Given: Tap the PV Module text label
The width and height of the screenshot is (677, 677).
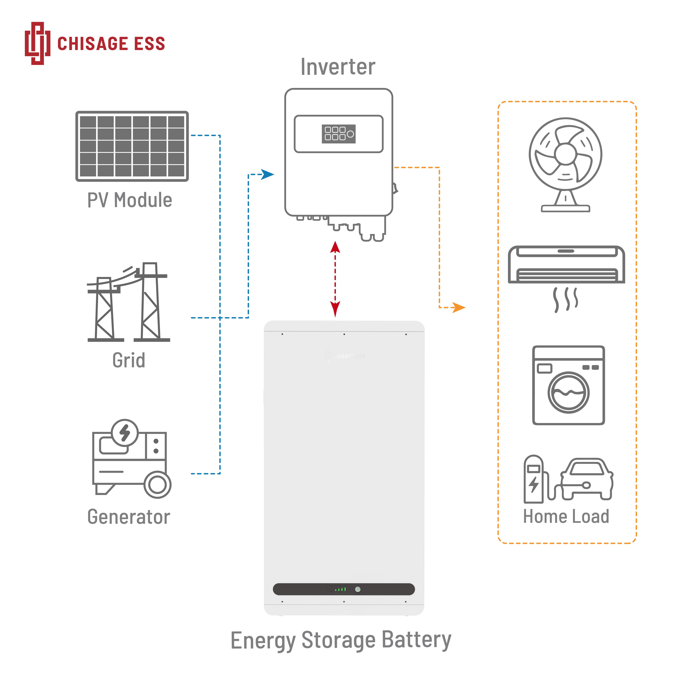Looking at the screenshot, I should [130, 200].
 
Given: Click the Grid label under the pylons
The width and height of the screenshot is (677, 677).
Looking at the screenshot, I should [129, 360].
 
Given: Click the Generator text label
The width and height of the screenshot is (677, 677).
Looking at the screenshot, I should [129, 517].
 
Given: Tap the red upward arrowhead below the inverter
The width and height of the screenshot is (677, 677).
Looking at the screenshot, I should [335, 247].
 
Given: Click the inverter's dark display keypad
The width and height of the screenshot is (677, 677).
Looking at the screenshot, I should [339, 134].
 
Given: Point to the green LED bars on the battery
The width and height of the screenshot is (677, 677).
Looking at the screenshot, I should [340, 589].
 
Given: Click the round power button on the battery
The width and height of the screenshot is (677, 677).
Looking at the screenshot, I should [358, 589].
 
